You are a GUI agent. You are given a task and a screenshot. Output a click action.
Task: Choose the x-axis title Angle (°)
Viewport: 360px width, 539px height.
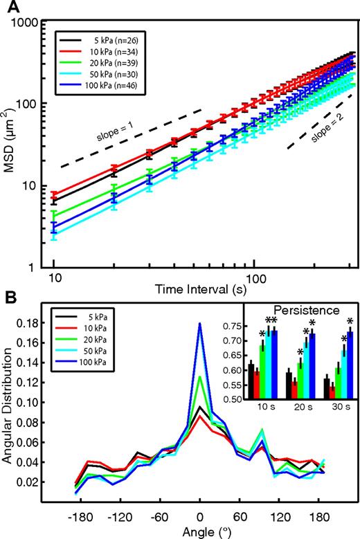pos(200,531)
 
